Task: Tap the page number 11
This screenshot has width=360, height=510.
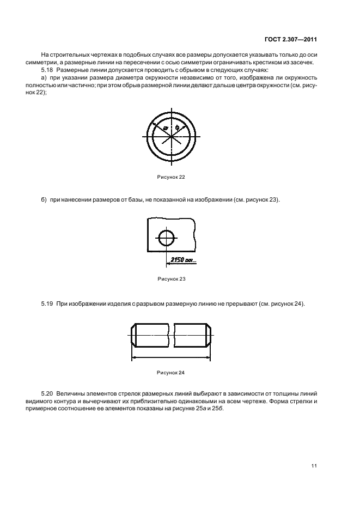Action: coord(314,465)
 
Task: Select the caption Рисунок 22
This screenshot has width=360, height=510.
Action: coord(171,177)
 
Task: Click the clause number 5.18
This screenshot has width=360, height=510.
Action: coord(48,71)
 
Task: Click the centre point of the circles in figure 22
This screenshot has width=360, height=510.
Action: coord(172,136)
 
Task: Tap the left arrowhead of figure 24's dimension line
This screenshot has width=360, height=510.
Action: coord(135,357)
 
